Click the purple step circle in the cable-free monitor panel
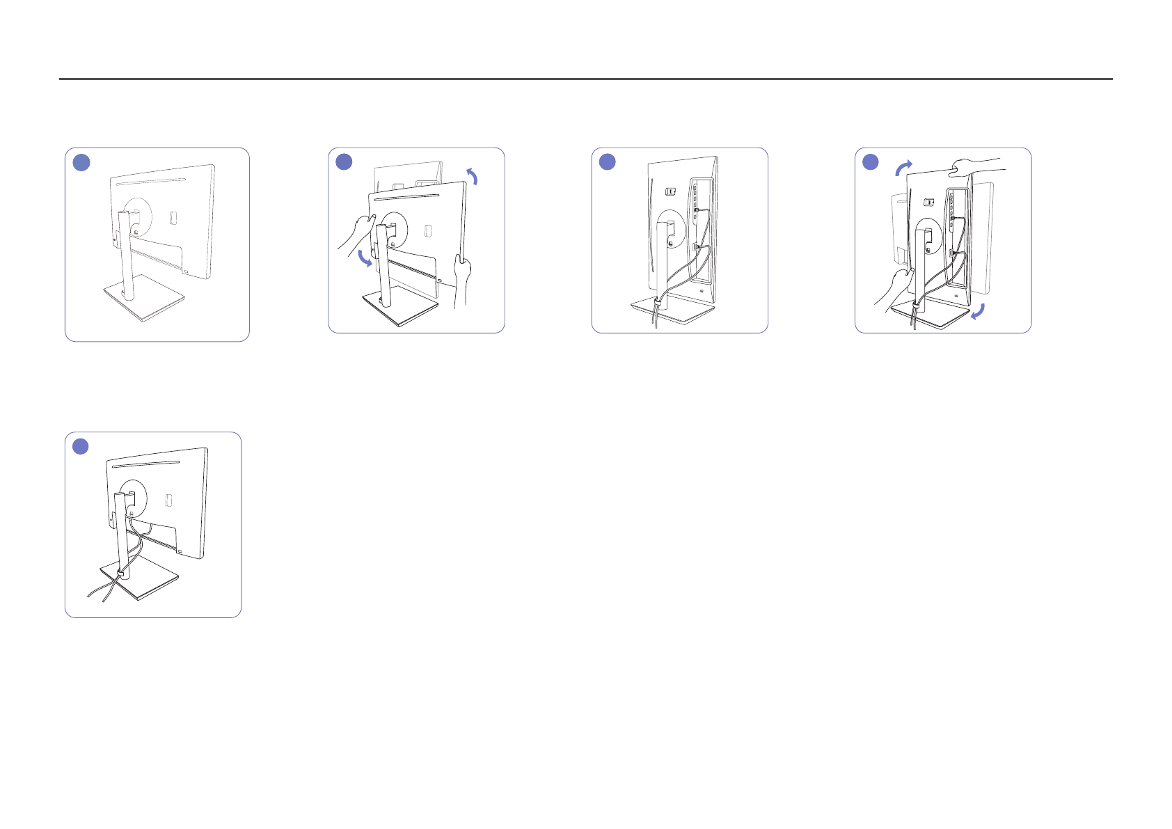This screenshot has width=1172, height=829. click(81, 163)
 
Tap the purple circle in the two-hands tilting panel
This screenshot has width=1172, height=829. click(344, 162)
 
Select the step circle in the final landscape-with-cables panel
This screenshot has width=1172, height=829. click(81, 446)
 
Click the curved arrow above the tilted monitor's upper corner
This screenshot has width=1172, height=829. click(473, 176)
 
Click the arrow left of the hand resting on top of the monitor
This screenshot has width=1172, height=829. click(903, 168)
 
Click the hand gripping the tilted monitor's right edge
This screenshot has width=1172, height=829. click(461, 275)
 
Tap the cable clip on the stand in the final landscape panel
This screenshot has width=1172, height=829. click(121, 574)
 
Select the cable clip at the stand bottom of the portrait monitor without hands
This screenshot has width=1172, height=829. click(656, 304)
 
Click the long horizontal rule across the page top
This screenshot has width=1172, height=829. click(585, 79)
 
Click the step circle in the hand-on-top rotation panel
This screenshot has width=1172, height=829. click(871, 162)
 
